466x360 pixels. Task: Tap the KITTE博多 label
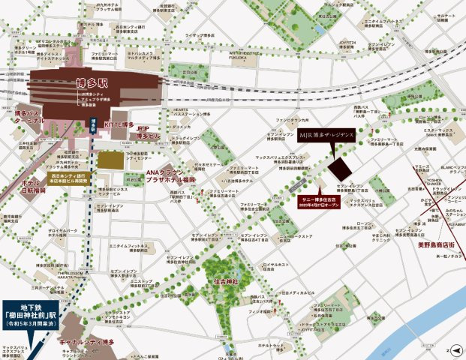coord(120,124)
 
